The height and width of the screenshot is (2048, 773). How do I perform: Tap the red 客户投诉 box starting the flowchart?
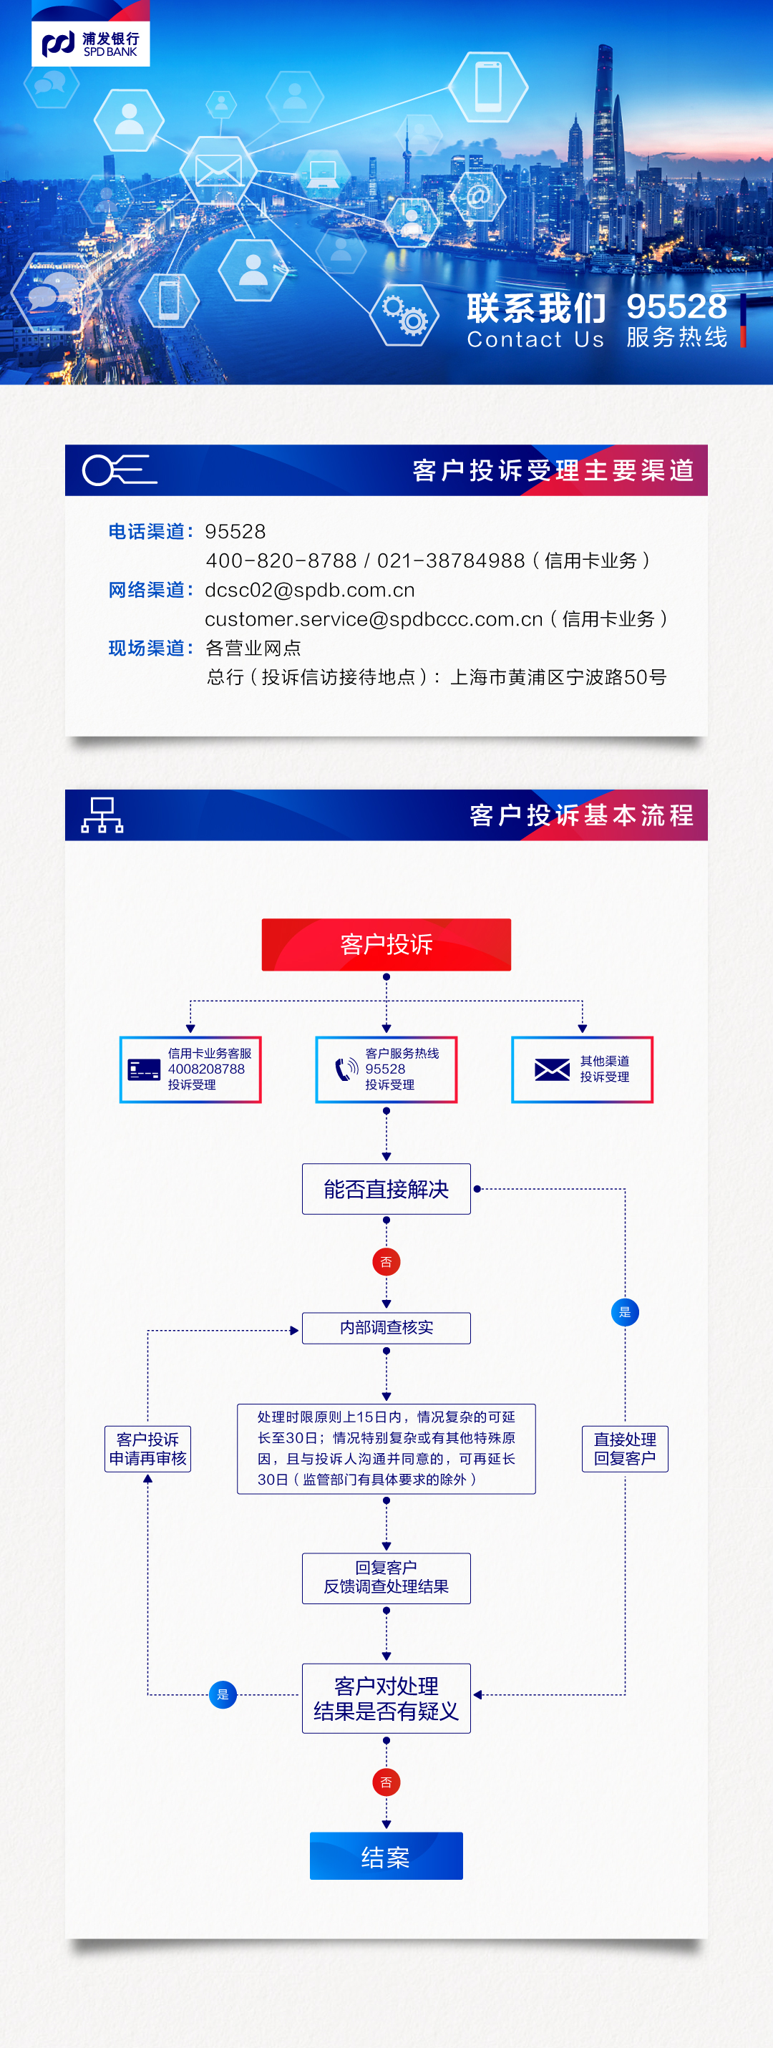(386, 944)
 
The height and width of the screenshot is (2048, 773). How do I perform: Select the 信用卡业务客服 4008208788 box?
(191, 1069)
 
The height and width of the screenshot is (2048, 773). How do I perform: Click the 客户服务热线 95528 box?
(386, 1069)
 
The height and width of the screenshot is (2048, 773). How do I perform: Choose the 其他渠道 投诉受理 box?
(582, 1069)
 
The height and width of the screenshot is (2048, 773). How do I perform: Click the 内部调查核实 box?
(386, 1328)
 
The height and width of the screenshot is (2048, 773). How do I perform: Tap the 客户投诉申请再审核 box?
(148, 1449)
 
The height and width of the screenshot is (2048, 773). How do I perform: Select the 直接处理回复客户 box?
(625, 1449)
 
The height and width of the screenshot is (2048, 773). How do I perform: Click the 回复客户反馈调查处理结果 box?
(386, 1578)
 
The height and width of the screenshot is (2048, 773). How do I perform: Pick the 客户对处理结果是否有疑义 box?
(386, 1698)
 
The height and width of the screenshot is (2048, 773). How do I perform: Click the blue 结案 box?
(386, 1856)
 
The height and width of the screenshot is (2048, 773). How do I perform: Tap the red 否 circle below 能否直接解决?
(386, 1262)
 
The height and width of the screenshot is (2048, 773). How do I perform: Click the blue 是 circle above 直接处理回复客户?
(625, 1312)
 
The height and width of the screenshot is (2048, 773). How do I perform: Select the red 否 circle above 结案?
(386, 1782)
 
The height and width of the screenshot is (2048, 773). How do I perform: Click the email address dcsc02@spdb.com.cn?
(310, 590)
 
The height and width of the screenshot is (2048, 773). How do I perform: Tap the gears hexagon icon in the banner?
(405, 316)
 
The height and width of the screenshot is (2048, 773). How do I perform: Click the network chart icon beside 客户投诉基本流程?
(102, 815)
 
